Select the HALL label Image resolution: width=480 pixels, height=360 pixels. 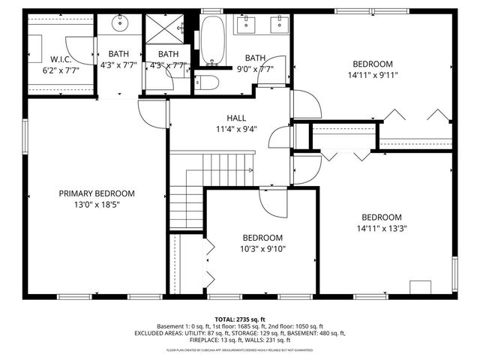coord(236,118)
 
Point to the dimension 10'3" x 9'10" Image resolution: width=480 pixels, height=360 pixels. coord(262,249)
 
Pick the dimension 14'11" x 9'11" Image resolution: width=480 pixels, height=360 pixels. coord(373,75)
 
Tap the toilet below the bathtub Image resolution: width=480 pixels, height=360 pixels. coord(206,82)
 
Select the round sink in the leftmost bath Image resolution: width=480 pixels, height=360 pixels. coord(120,23)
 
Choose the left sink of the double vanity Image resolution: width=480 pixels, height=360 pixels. coord(245,24)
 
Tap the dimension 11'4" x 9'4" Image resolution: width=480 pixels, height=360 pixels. coord(236,128)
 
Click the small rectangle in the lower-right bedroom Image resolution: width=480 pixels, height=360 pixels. coord(420,287)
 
